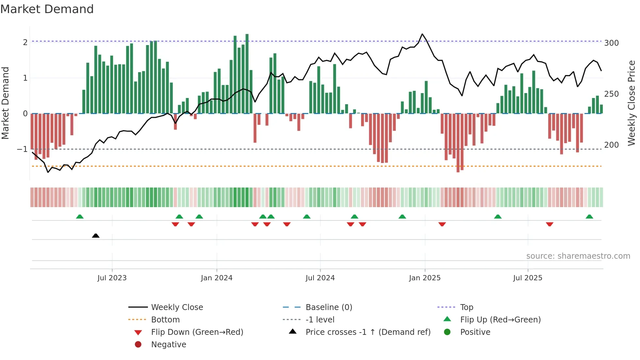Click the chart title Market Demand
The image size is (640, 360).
pos(47,9)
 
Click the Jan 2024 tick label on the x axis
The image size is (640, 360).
pos(216,278)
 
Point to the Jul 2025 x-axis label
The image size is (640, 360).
pos(527,278)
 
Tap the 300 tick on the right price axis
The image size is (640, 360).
pos(611,43)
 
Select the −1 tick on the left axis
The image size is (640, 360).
pos(23,149)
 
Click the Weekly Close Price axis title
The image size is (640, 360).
pos(632,103)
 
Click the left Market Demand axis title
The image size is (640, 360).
pos(5,103)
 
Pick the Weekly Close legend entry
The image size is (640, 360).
pos(177,307)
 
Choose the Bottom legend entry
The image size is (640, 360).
pos(165,319)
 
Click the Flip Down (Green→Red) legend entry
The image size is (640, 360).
pos(197,332)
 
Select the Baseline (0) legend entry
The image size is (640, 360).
pos(328,307)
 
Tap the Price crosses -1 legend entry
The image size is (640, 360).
pos(368,332)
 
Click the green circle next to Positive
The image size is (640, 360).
pos(447,332)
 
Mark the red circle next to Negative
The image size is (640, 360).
pos(138,344)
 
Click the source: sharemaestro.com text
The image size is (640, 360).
pos(578,256)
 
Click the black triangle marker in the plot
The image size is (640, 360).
pos(96,236)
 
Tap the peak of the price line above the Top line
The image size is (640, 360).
pos(422,34)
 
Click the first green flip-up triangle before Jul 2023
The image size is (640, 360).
pos(80,217)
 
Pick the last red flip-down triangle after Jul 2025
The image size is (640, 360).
pos(550,224)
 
